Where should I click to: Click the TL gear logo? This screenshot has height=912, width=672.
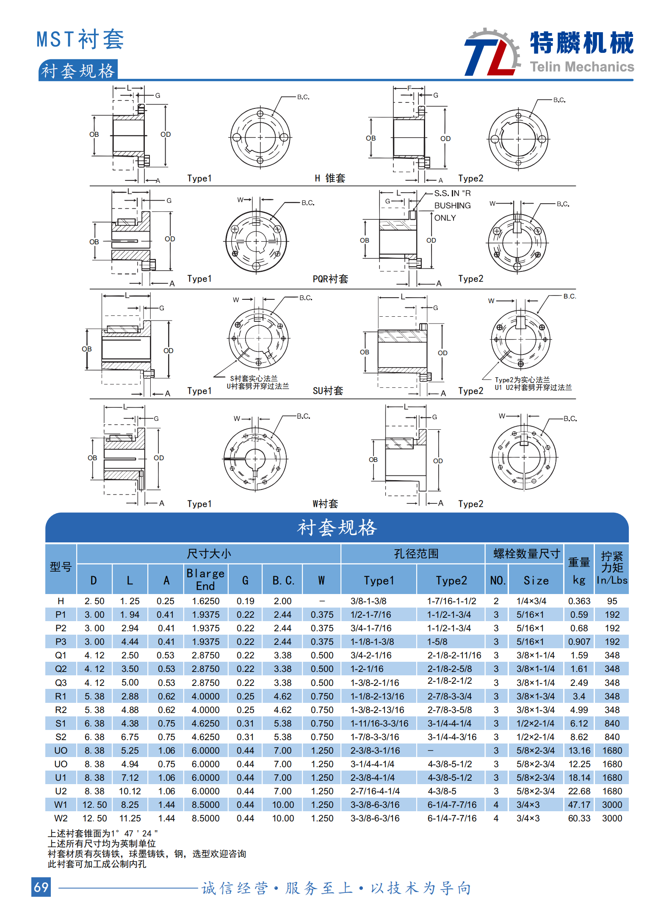[492, 52]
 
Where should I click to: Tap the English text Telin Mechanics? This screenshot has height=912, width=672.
[582, 67]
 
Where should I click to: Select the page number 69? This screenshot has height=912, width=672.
[41, 887]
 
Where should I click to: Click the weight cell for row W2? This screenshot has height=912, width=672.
[579, 818]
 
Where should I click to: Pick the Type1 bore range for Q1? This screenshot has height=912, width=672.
[371, 655]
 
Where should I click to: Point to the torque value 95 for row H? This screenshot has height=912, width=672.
[612, 601]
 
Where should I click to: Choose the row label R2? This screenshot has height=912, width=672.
[61, 710]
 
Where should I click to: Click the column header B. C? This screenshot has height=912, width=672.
[283, 580]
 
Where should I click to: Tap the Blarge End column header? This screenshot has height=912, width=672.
[205, 580]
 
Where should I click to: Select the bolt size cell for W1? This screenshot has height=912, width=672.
[528, 805]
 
